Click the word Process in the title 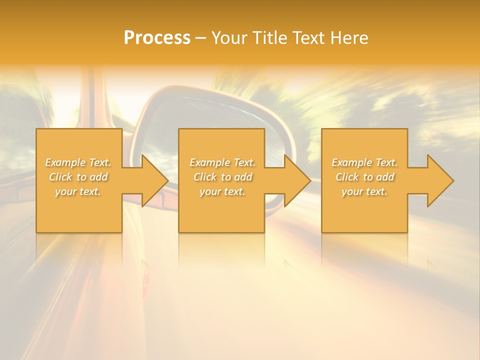pyautogui.click(x=157, y=38)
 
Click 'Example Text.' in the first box pyautogui.click(x=78, y=162)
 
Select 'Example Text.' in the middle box pyautogui.click(x=222, y=162)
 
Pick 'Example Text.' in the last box pyautogui.click(x=364, y=162)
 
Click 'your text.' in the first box pyautogui.click(x=78, y=191)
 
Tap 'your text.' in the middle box pyautogui.click(x=222, y=191)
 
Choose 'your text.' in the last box pyautogui.click(x=364, y=191)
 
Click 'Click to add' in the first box pyautogui.click(x=78, y=177)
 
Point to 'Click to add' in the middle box pyautogui.click(x=222, y=177)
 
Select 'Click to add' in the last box pyautogui.click(x=364, y=177)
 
